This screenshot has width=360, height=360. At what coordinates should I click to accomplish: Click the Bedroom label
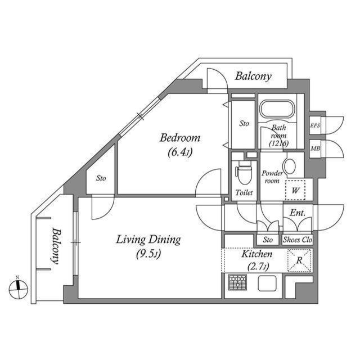179,138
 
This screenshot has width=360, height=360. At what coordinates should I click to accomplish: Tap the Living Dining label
148,240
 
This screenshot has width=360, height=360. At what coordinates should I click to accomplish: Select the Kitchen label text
257,255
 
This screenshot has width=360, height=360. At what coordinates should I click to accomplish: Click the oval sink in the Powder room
289,166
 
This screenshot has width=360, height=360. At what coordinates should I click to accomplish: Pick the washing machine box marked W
295,190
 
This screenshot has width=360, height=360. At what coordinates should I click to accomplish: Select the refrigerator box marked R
299,260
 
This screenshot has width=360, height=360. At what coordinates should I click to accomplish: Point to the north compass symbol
18,288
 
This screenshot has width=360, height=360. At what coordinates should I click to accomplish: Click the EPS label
315,126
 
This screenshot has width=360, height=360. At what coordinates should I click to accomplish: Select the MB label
315,148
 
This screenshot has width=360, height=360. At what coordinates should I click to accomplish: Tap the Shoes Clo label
297,240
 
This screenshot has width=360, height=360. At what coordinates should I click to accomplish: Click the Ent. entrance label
297,213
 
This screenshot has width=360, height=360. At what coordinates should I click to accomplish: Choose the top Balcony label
253,76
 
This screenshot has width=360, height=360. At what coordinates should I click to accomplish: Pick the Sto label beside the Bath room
244,123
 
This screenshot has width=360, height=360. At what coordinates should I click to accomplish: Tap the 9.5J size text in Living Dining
148,254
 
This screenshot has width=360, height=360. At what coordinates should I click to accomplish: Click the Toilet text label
244,192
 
